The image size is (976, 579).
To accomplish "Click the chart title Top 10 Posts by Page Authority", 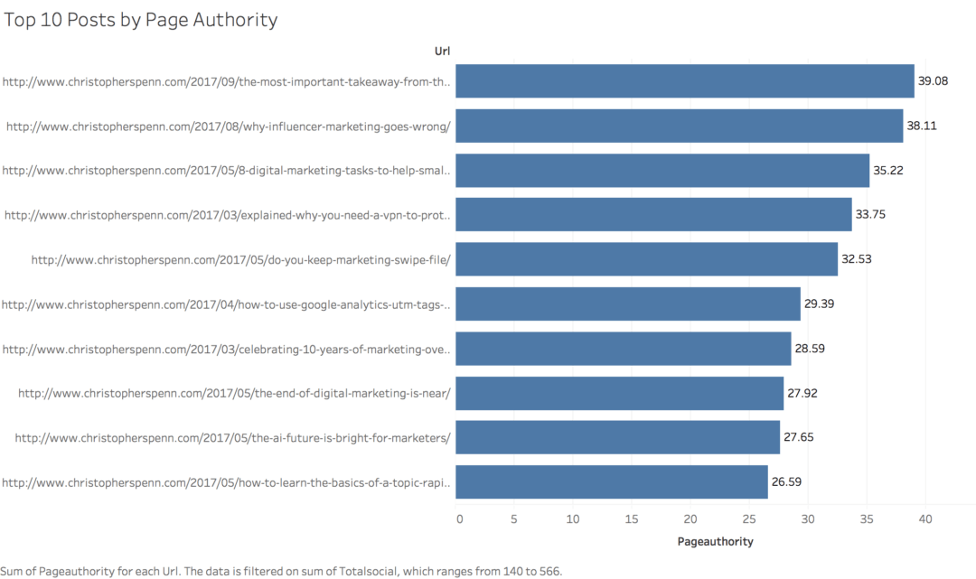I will click(140, 20).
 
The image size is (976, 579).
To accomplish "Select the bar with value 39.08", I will click(684, 81).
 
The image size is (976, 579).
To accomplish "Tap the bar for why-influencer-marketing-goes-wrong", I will click(679, 126).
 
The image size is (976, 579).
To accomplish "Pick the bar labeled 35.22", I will click(662, 171).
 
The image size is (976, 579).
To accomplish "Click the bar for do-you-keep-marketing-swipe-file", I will click(646, 259).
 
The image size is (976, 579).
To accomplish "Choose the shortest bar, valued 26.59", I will click(611, 481).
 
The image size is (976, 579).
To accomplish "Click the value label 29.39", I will click(819, 304).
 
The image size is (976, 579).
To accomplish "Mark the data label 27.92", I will click(802, 393).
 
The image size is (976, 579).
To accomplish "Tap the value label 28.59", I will click(810, 349).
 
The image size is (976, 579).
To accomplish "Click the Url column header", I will click(443, 51).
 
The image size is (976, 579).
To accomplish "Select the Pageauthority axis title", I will click(715, 542).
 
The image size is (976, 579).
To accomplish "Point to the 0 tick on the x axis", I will click(459, 519).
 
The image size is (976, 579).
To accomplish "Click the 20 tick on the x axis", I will click(690, 519).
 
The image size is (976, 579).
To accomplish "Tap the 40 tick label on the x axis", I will click(924, 519).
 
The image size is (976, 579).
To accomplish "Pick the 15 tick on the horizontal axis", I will click(633, 519).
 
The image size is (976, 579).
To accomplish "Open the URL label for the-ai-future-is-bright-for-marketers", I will click(232, 438).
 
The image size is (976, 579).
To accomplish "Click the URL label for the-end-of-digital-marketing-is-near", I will click(234, 393).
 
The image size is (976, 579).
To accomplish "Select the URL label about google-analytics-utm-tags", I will click(226, 304).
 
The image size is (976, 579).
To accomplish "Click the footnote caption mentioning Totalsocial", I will click(281, 571).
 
